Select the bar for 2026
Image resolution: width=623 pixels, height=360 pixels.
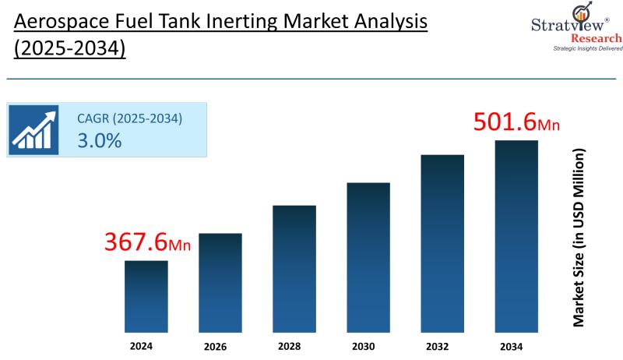pyautogui.click(x=220, y=281)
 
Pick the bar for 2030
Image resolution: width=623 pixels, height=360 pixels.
pyautogui.click(x=368, y=256)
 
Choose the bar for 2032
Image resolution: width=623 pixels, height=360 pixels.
pyautogui.click(x=442, y=242)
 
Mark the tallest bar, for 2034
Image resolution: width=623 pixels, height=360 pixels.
pyautogui.click(x=516, y=235)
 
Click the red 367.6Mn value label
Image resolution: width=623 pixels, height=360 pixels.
pyautogui.click(x=147, y=242)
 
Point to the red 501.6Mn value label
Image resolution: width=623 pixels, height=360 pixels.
pyautogui.click(x=517, y=123)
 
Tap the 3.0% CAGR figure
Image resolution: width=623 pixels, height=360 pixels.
pyautogui.click(x=99, y=141)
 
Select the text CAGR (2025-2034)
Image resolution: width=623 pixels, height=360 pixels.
pyautogui.click(x=129, y=118)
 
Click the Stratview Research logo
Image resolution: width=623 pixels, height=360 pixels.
pyautogui.click(x=581, y=23)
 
